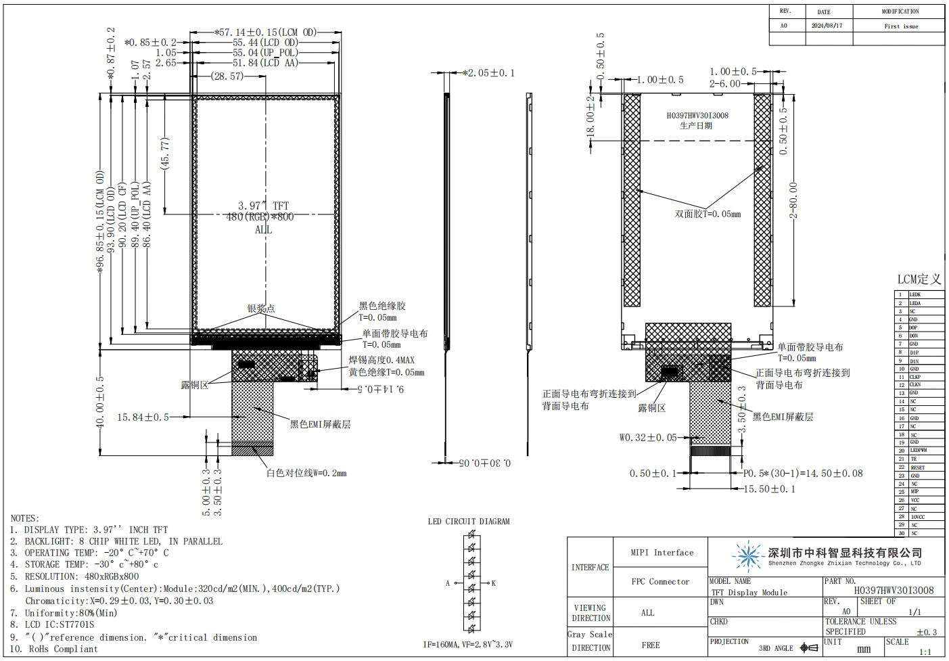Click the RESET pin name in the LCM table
coord(917,468)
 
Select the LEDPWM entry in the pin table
coord(918,451)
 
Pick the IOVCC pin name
coord(917,517)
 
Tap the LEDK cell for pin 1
coord(915,295)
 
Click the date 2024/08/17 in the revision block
coord(827,26)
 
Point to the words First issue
coord(901,26)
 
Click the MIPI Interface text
coord(662,553)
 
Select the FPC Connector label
coord(660,582)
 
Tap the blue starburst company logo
coord(748,557)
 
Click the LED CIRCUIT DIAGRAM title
coord(469,522)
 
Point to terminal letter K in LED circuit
coord(494,583)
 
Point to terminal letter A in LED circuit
coord(447,583)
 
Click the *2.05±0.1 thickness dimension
coord(488,73)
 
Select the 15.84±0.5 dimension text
coord(143,417)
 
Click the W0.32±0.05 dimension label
coord(647,438)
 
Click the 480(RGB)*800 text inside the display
coord(260,217)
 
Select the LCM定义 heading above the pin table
coord(919,279)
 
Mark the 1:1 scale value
coord(925,652)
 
